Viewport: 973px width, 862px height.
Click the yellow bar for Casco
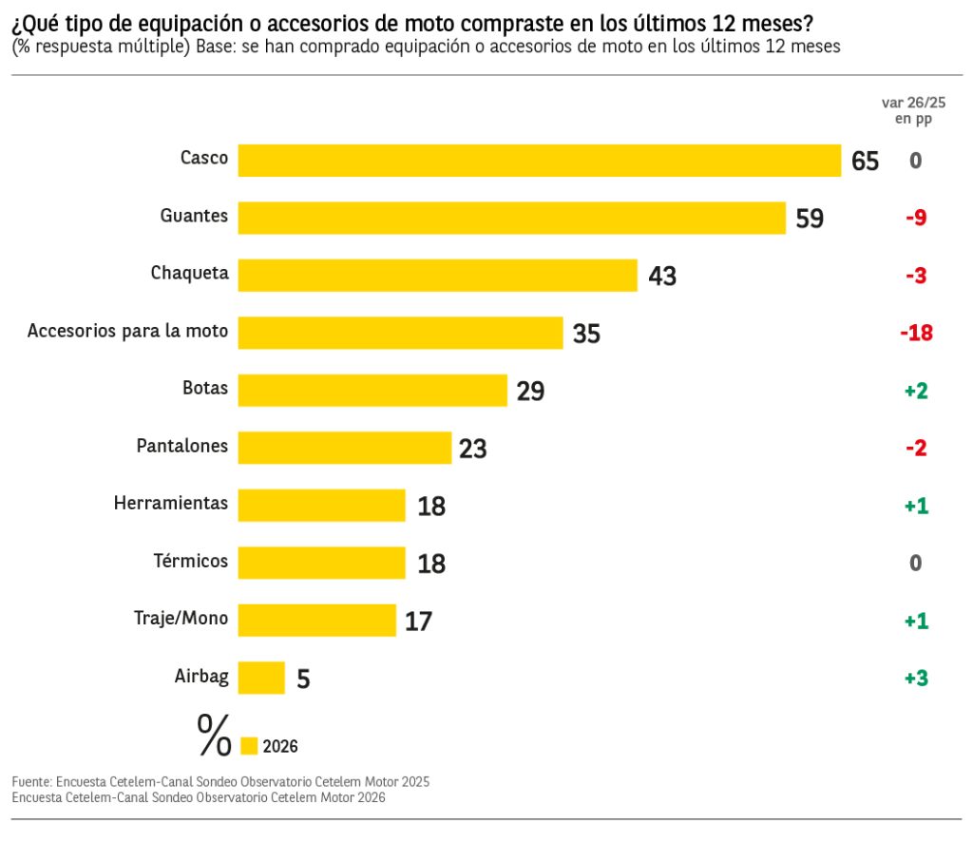pos(539,161)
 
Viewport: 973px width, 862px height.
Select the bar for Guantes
pos(511,218)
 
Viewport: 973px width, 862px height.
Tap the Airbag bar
pos(261,678)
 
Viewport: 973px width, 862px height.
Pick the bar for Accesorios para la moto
pos(400,333)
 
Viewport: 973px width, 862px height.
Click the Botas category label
pos(205,389)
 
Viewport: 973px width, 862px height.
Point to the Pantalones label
pos(182,446)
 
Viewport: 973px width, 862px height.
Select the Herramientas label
pos(171,504)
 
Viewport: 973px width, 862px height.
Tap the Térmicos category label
pos(191,561)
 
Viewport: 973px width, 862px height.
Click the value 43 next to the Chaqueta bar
pos(662,277)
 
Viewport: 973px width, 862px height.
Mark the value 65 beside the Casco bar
pos(865,162)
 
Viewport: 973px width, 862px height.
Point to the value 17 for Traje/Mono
pos(418,622)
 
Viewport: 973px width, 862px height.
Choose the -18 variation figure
pos(916,333)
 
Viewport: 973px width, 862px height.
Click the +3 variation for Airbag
pos(916,679)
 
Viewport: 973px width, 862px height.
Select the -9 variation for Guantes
pos(916,218)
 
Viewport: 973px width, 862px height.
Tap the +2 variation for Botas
pos(916,391)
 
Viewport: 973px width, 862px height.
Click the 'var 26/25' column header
pos(914,103)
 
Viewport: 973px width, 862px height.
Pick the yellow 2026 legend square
pos(250,746)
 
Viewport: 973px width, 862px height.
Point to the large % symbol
pos(215,735)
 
